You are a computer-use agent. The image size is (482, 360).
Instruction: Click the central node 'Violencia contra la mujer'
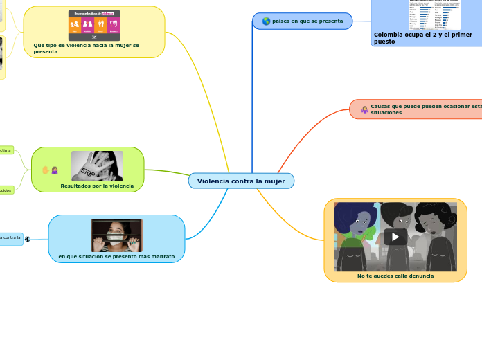241,181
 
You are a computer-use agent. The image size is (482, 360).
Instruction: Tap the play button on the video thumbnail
395,237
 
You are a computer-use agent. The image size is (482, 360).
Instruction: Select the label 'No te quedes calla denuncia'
395,276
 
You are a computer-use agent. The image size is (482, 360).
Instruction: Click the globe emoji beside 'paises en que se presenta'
266,21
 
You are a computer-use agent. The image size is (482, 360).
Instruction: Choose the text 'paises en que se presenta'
307,21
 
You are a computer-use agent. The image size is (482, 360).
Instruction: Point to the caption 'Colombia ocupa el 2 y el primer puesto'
423,38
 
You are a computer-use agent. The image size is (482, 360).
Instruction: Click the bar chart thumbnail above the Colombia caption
434,14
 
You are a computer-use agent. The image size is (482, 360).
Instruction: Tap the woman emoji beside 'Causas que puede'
364,109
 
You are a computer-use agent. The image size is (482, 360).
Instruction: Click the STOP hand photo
97,166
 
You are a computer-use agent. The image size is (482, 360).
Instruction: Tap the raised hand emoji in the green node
46,170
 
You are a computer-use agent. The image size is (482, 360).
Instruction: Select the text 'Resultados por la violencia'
97,186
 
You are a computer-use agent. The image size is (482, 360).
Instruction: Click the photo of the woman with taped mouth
116,235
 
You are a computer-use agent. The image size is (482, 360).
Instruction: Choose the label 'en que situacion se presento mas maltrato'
116,257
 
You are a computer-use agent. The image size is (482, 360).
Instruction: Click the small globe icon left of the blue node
28,240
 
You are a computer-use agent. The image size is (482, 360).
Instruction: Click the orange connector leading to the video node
291,222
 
